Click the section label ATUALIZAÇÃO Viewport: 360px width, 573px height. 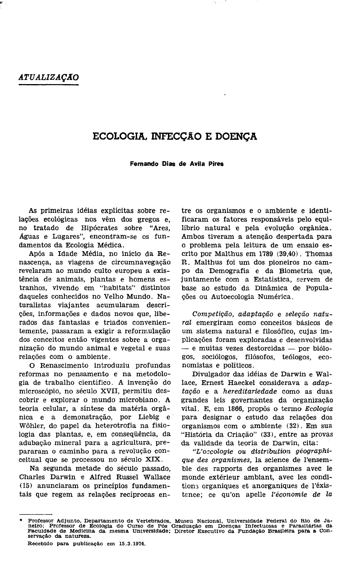(49, 77)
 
